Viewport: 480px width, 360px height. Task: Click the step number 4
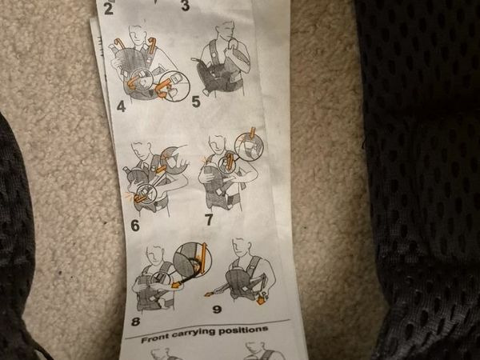(122, 106)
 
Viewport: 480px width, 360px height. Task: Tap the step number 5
(196, 102)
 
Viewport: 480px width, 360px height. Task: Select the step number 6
(135, 226)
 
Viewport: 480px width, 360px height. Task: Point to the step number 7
(209, 219)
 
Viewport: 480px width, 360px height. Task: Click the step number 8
(136, 322)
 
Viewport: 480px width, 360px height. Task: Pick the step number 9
(217, 309)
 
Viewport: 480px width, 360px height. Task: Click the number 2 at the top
(108, 8)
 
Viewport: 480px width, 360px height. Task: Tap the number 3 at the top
(186, 6)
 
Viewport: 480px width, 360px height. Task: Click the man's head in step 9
(242, 246)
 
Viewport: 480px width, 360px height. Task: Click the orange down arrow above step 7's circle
(253, 133)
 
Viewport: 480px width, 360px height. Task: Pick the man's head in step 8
(155, 254)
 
